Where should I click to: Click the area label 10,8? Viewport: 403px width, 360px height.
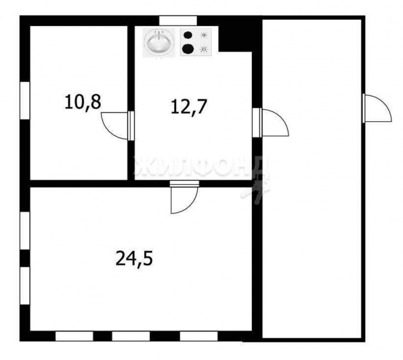click(x=83, y=102)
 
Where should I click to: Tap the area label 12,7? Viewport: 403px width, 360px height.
click(x=188, y=107)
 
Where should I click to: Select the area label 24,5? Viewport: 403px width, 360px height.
click(x=134, y=259)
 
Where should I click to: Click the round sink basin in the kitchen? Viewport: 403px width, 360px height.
click(x=160, y=42)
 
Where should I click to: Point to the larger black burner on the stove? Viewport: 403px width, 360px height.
click(x=188, y=48)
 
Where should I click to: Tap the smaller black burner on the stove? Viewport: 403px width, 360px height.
click(x=188, y=34)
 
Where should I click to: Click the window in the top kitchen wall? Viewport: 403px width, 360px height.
click(x=178, y=21)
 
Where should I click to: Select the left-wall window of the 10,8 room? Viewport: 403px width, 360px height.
click(x=25, y=100)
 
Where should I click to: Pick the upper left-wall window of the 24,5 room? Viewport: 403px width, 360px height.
click(x=25, y=230)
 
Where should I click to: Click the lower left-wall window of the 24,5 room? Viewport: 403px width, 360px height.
click(x=25, y=285)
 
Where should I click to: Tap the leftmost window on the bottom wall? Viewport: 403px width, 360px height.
click(x=74, y=336)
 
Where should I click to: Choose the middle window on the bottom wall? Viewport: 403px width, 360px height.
click(x=131, y=336)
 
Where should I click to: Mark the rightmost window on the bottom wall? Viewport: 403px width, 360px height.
click(x=198, y=336)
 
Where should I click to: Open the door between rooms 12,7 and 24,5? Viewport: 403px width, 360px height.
click(x=185, y=197)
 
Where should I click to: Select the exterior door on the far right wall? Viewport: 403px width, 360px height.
click(x=377, y=109)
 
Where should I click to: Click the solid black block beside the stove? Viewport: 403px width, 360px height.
click(x=235, y=38)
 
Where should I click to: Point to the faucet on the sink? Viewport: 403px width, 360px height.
click(x=160, y=35)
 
